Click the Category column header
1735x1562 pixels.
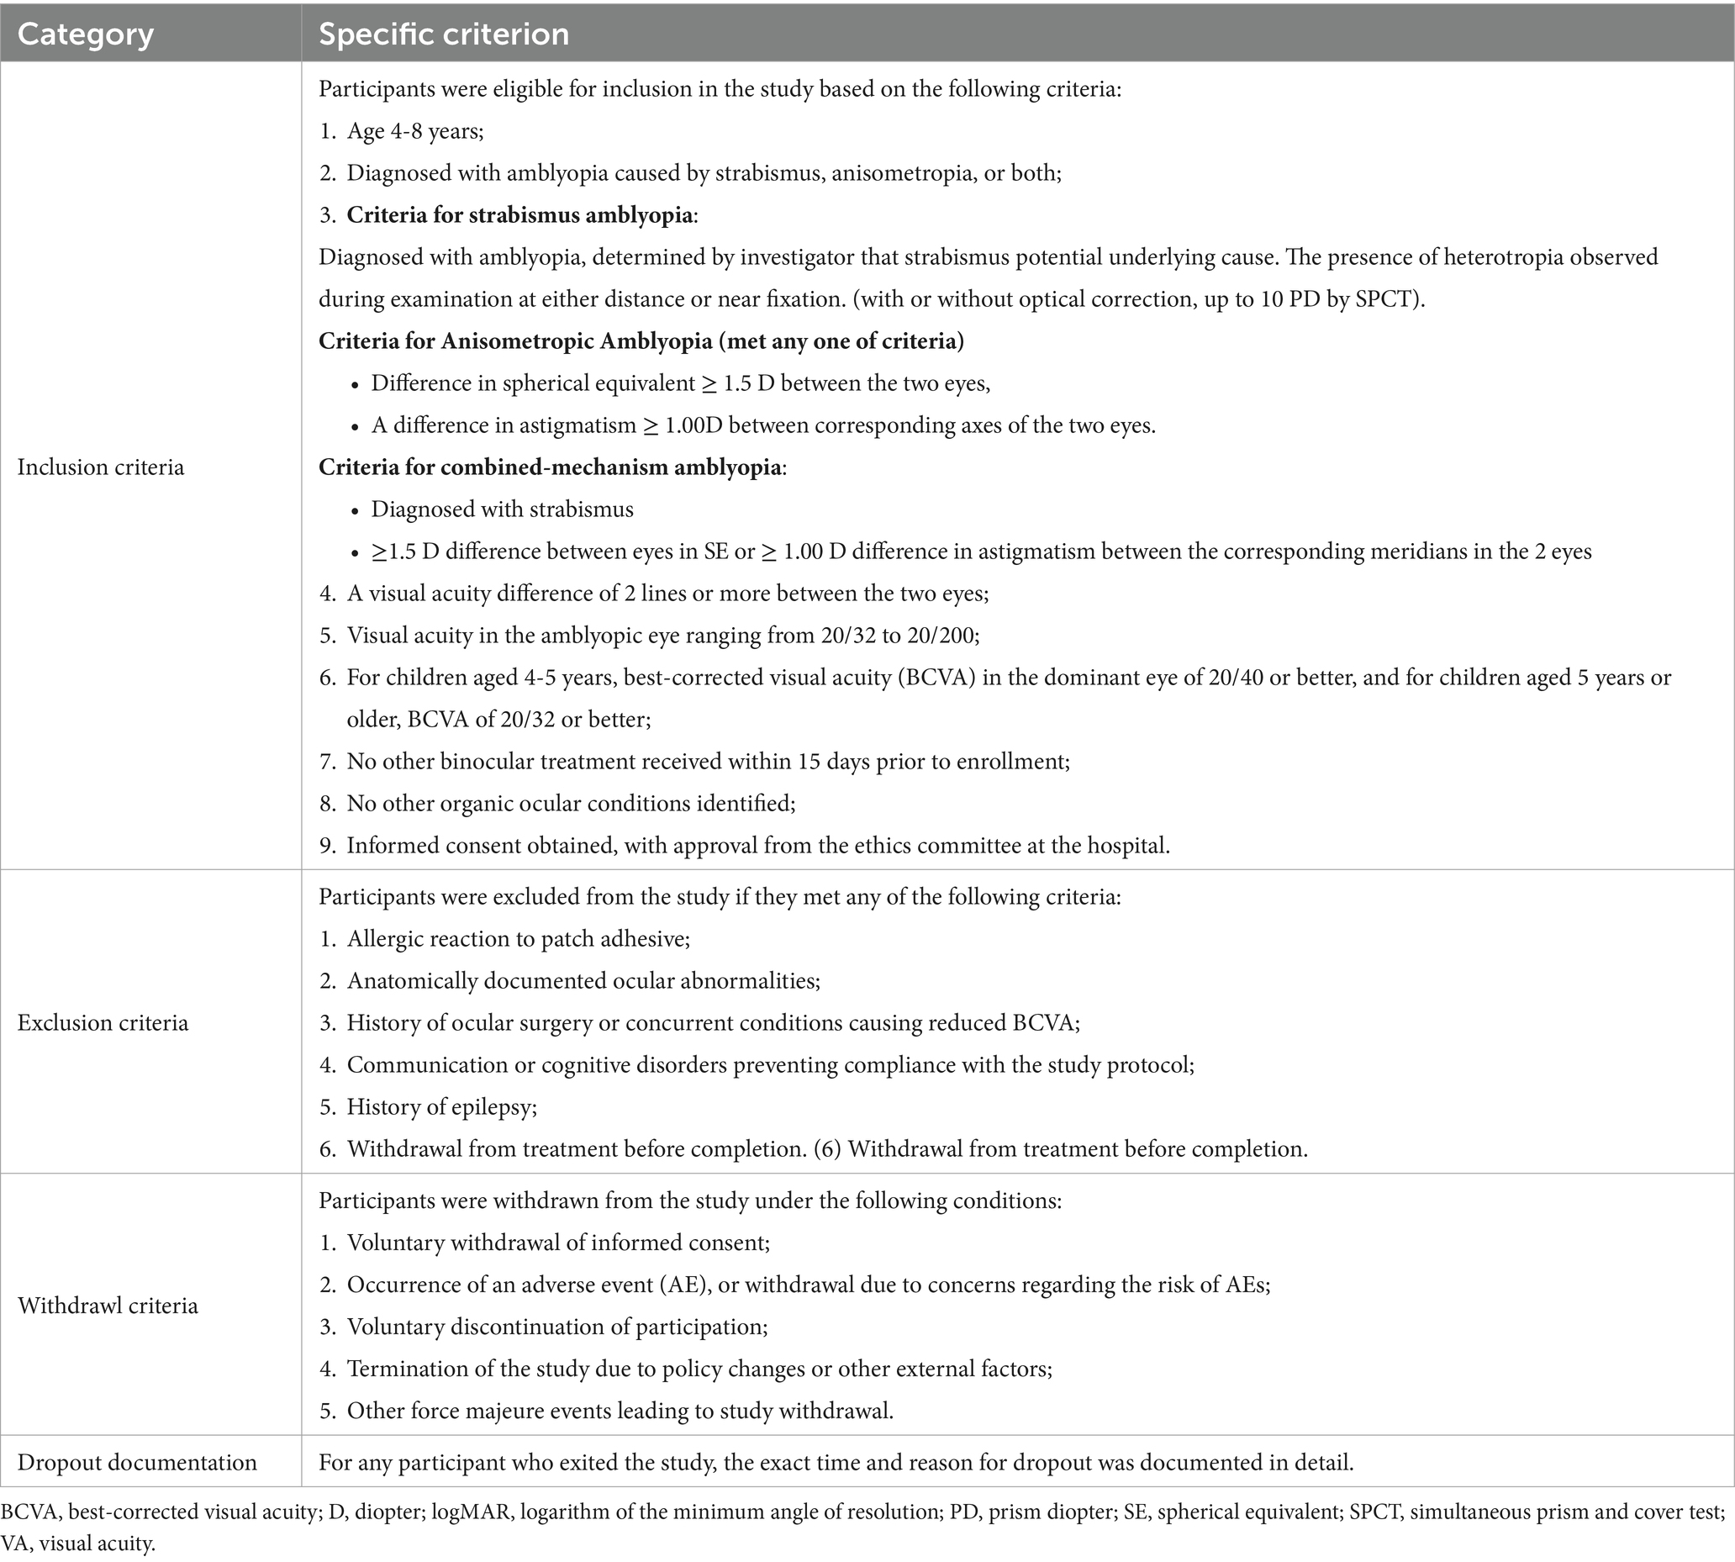point(85,34)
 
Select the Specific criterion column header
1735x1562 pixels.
point(444,34)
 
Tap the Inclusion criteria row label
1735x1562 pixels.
point(100,467)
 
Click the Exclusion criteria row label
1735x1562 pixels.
point(102,1023)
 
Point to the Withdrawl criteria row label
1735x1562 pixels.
point(108,1306)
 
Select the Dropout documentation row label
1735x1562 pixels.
point(136,1463)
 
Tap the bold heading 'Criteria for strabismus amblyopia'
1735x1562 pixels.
point(519,215)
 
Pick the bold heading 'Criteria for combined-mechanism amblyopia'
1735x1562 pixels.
point(550,467)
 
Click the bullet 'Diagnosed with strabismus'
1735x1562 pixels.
point(502,509)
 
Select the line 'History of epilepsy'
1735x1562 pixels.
point(441,1107)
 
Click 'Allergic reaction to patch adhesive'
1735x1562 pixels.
point(519,939)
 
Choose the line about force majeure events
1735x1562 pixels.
point(620,1411)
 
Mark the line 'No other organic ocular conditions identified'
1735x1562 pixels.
point(571,805)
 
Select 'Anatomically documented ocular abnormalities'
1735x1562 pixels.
point(583,981)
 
